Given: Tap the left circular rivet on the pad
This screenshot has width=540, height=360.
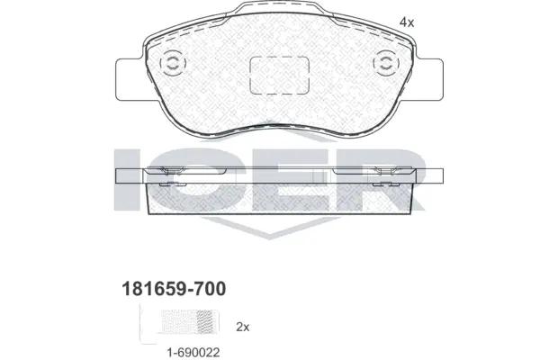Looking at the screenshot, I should [170, 65].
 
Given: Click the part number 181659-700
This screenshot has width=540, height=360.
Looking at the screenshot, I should [173, 288].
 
